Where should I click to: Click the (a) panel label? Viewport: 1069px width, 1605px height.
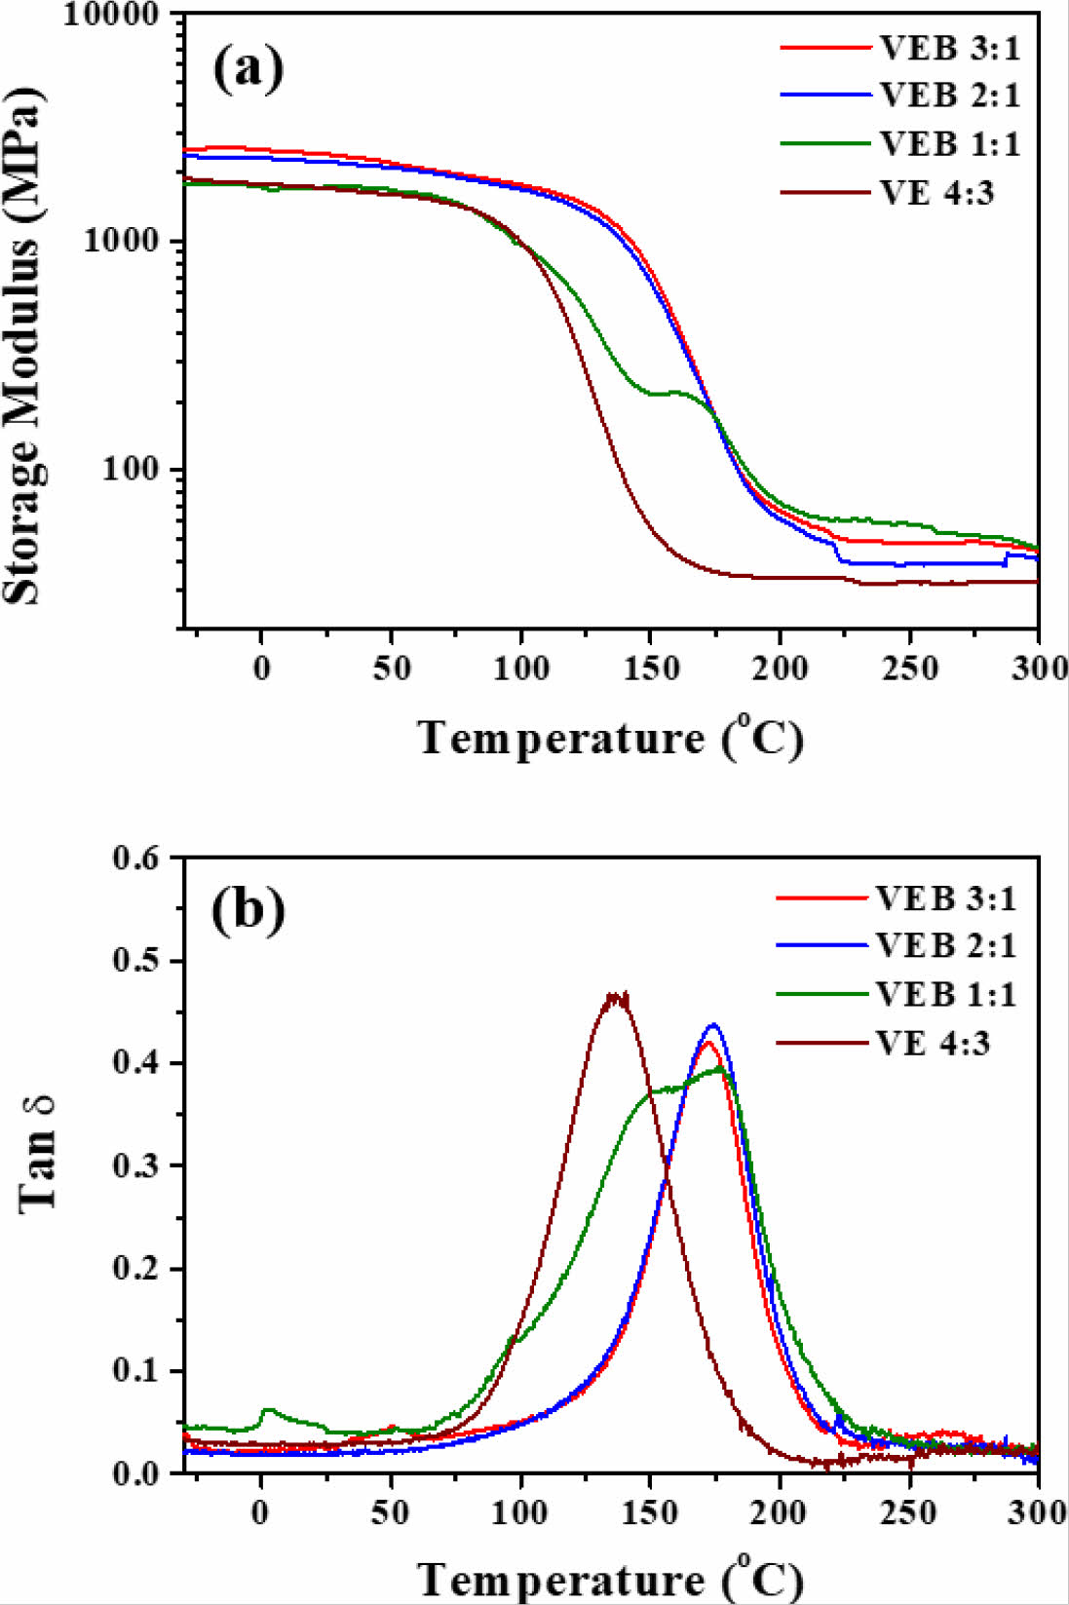[x=248, y=70]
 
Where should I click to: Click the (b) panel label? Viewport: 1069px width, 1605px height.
[x=248, y=910]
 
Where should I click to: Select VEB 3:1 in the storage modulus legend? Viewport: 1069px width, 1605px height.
[x=949, y=48]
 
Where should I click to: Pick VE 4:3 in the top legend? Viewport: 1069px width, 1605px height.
[x=936, y=193]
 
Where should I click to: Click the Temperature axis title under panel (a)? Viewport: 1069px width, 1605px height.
[x=611, y=738]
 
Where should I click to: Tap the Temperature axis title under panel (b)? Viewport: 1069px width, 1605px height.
[x=611, y=1579]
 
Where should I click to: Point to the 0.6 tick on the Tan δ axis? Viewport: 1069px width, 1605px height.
[x=135, y=859]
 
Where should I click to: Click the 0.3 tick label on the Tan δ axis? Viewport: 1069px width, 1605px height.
[x=135, y=1166]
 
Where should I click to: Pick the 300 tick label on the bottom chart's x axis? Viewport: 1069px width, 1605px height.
[x=1037, y=1512]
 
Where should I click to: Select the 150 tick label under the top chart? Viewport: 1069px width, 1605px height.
[x=650, y=669]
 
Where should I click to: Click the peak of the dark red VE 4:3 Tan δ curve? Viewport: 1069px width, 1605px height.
[x=616, y=995]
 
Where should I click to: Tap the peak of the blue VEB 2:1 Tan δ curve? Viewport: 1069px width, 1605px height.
[x=714, y=1025]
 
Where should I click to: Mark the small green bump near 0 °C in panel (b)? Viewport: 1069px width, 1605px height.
[x=268, y=1410]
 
